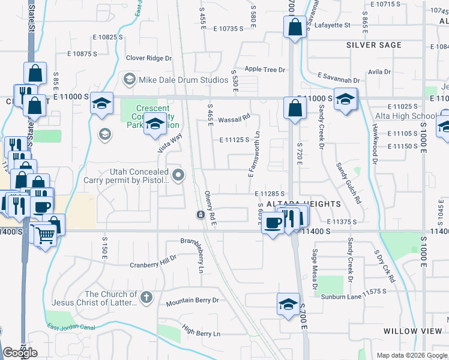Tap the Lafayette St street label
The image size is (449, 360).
coord(329,25)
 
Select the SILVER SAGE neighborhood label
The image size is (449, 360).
coord(373,45)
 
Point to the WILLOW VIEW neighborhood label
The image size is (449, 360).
coord(412,331)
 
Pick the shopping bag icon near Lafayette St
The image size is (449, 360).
coord(294,27)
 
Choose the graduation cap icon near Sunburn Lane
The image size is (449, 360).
coord(289,304)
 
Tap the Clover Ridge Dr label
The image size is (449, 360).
coord(148,58)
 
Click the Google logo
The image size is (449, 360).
coord(20,353)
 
